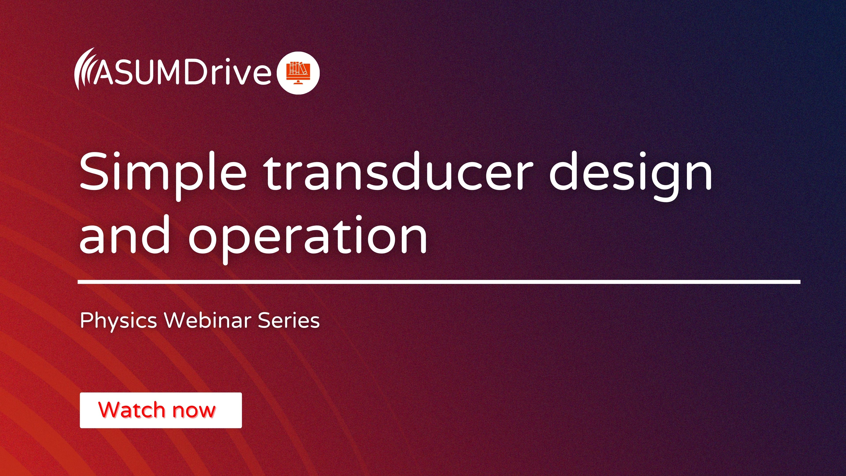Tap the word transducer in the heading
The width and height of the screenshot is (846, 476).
point(397,173)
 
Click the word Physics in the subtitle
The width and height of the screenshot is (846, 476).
point(118,320)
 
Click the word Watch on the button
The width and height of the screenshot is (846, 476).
point(131,410)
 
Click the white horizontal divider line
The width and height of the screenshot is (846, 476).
point(439,282)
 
